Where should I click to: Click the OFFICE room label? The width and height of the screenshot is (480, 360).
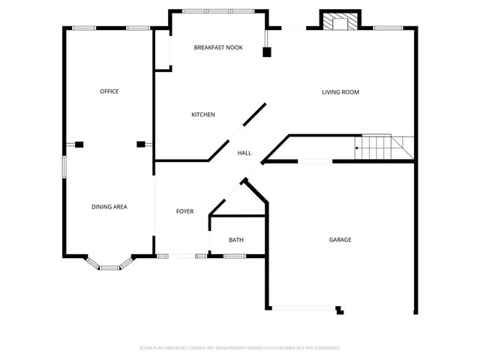click(109, 91)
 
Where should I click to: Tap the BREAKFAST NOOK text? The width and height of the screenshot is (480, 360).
click(218, 47)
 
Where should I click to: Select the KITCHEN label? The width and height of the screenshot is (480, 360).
click(203, 115)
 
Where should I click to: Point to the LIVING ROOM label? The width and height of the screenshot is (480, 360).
click(340, 92)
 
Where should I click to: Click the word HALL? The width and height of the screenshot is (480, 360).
click(244, 153)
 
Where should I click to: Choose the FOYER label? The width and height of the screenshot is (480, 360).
click(184, 211)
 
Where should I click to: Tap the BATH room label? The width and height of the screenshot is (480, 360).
click(236, 240)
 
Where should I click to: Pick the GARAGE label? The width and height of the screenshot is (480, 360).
click(340, 240)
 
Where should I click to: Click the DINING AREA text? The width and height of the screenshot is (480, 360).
click(109, 207)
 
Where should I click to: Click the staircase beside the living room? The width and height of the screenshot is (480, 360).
click(384, 147)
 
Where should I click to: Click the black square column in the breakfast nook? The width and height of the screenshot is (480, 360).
click(266, 52)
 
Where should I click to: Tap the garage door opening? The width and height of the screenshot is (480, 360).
click(304, 307)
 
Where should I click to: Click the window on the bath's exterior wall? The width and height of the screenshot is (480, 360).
click(235, 256)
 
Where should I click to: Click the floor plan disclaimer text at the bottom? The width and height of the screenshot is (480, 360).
click(240, 348)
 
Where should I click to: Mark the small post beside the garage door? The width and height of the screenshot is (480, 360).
click(340, 309)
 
